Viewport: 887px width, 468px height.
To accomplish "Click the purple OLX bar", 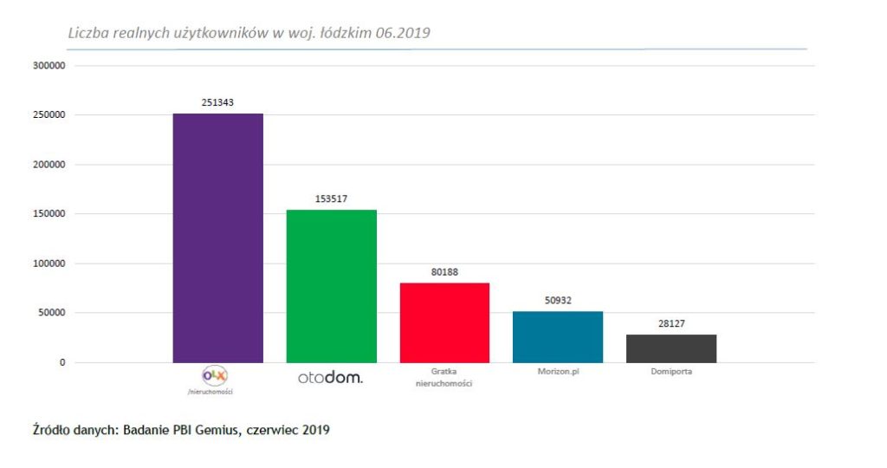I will [x=217, y=237].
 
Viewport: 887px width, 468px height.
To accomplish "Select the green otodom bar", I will [x=331, y=286].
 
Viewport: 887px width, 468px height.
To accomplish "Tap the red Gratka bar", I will [x=444, y=322].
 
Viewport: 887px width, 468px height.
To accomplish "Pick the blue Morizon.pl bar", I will [x=558, y=336].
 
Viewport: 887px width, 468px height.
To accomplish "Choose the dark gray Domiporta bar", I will [x=671, y=348].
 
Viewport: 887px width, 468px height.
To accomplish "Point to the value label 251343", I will [x=217, y=102].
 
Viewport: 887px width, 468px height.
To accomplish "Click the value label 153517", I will [x=331, y=198].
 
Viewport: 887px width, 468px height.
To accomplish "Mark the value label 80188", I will [x=444, y=272].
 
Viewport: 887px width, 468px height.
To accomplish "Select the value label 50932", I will [x=558, y=300].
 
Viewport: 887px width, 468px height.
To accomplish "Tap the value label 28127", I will [x=671, y=323].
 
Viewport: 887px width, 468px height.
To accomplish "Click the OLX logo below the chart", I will [x=213, y=375].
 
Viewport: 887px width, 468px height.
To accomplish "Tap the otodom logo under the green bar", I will [x=330, y=378].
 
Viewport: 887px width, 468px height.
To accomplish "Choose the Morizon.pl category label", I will [x=558, y=372].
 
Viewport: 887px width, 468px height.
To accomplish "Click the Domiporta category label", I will [x=671, y=372].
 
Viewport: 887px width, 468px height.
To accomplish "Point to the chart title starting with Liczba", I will [x=249, y=33].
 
